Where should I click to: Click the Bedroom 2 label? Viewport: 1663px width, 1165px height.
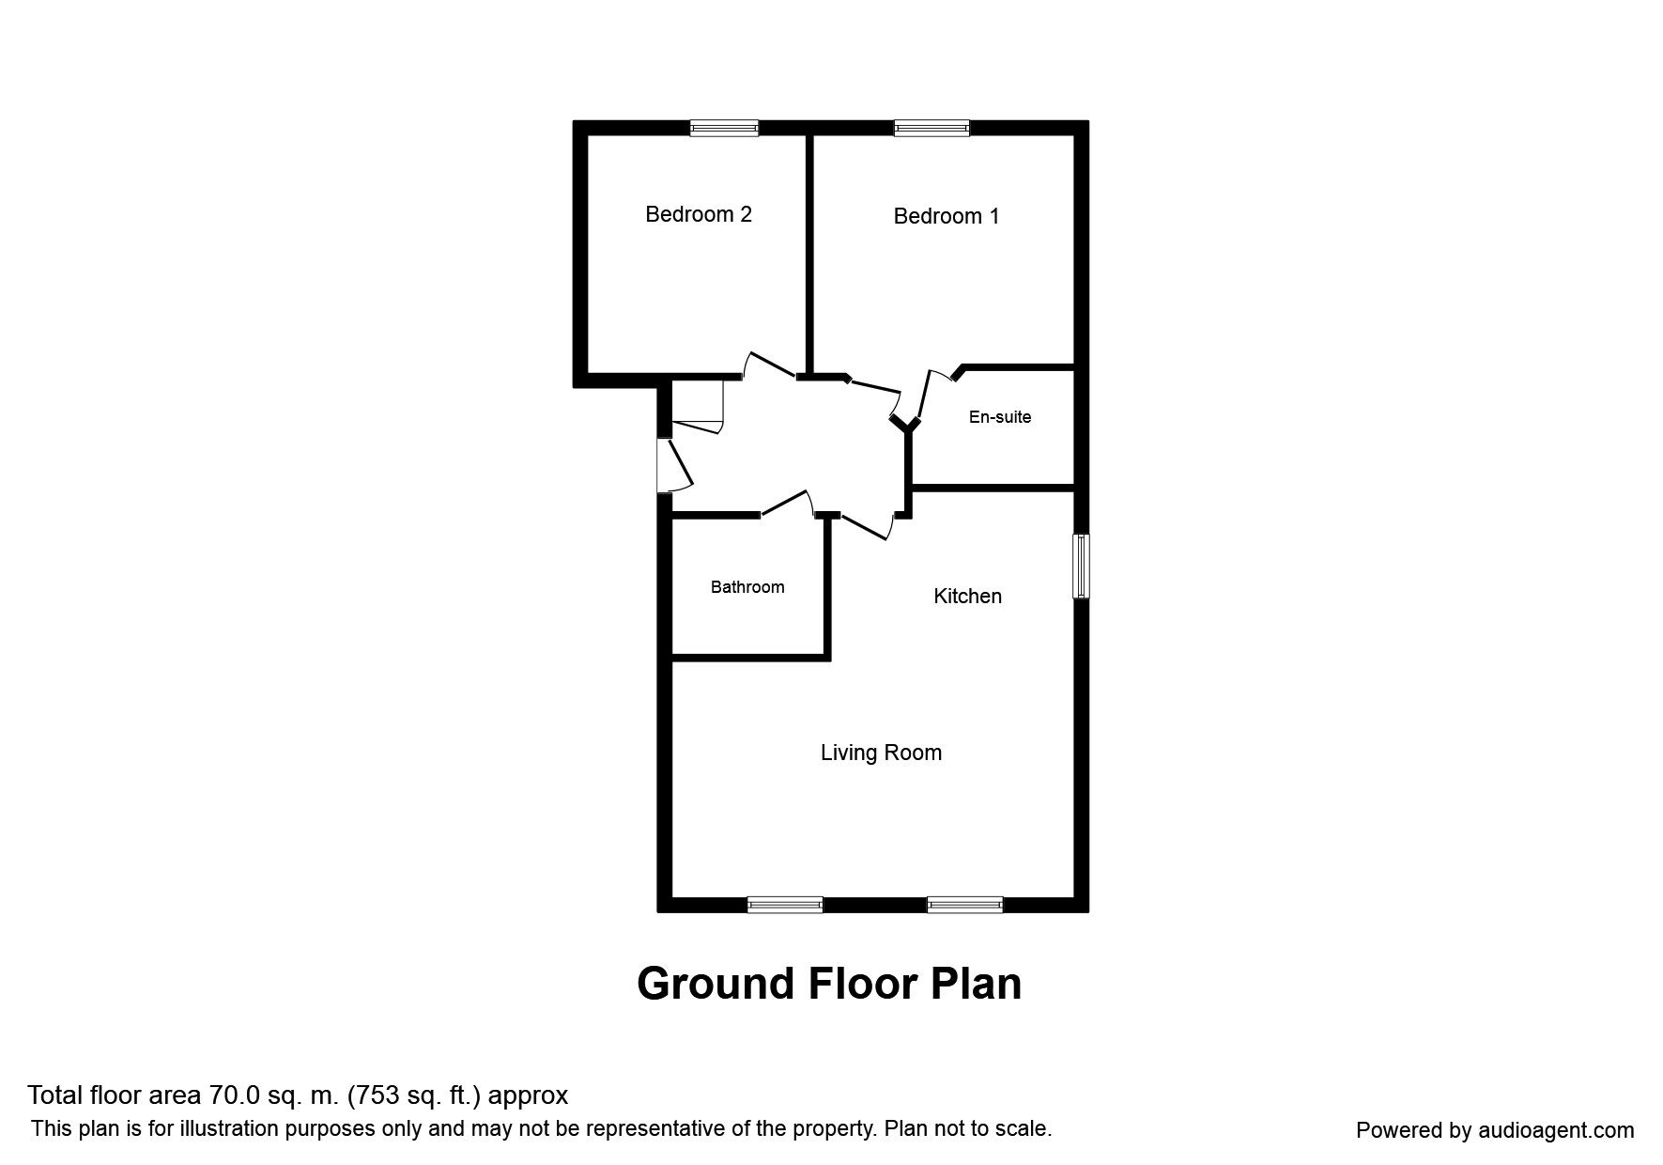(698, 214)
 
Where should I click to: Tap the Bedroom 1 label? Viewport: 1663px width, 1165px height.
(946, 216)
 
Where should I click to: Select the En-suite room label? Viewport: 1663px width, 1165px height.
(999, 417)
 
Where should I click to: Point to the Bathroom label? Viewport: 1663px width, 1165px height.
(747, 587)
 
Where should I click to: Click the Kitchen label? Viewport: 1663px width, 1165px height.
(966, 597)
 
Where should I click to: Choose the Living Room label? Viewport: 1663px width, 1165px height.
(880, 753)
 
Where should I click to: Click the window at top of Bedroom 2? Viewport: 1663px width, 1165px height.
(724, 129)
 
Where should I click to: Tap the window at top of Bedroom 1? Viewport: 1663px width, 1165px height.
(931, 129)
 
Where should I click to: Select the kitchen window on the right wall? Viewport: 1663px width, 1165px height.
(1082, 566)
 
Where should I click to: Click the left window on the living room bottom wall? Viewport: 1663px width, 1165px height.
(784, 905)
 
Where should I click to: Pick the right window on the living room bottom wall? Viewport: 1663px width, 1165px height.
(964, 905)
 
